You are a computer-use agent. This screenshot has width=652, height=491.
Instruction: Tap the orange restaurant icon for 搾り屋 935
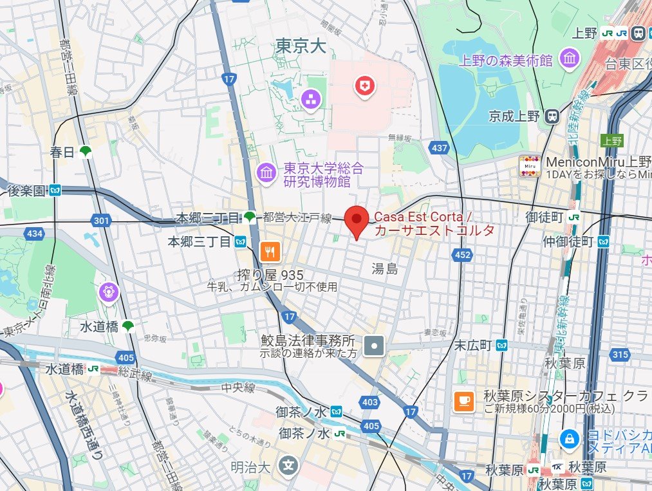pyautogui.click(x=269, y=250)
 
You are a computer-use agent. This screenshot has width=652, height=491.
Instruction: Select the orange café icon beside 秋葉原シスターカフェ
pyautogui.click(x=464, y=400)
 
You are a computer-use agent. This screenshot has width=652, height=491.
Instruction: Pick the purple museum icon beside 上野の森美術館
pyautogui.click(x=569, y=59)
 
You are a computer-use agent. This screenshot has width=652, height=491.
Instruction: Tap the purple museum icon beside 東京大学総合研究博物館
pyautogui.click(x=266, y=172)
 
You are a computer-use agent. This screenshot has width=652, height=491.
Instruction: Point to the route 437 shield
pyautogui.click(x=440, y=148)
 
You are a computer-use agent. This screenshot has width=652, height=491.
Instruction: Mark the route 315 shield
pyautogui.click(x=620, y=355)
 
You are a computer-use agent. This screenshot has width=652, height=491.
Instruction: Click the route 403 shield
pyautogui.click(x=370, y=402)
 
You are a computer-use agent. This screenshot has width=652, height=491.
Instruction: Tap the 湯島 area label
pyautogui.click(x=384, y=268)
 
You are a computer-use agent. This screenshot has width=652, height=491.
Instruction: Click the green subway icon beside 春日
pyautogui.click(x=84, y=152)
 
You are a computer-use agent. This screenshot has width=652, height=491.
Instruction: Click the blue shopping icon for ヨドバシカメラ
pyautogui.click(x=569, y=439)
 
